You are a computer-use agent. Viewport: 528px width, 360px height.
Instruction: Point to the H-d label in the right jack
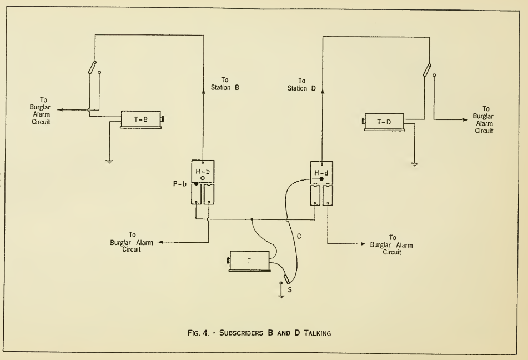click(321, 172)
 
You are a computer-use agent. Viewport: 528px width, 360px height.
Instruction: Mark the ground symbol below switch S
click(281, 296)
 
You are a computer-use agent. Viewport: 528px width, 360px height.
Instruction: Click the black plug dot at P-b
click(196, 183)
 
